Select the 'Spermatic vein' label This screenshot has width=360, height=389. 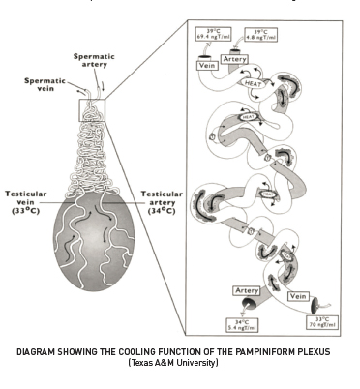[x=44, y=84]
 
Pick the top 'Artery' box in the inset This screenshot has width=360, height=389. [x=236, y=59]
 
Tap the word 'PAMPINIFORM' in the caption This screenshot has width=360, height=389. [x=258, y=350]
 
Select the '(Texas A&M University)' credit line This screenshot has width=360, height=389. [x=180, y=362]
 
